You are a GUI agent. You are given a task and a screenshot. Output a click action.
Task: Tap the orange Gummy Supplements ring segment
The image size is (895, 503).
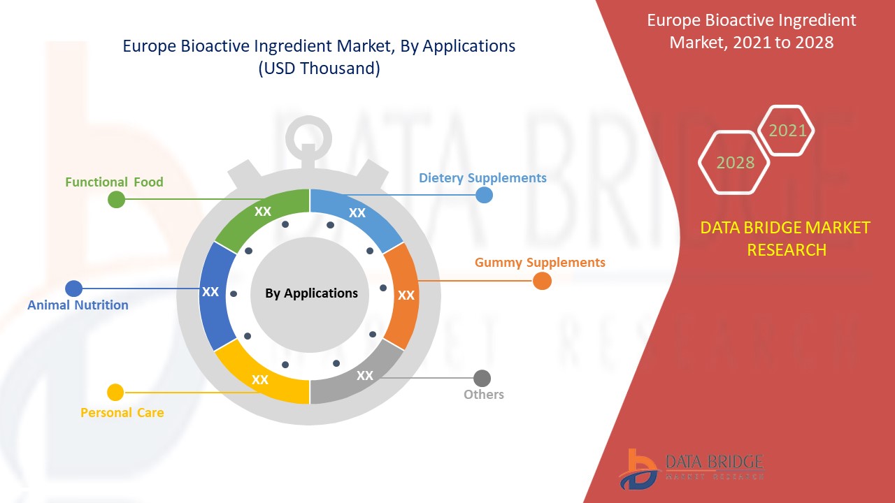(x=403, y=295)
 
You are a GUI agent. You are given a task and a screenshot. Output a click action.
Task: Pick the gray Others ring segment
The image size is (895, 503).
(x=360, y=377)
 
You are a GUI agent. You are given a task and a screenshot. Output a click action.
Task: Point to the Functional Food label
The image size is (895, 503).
(x=114, y=182)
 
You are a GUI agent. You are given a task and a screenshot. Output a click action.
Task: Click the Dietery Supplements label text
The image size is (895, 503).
(x=482, y=177)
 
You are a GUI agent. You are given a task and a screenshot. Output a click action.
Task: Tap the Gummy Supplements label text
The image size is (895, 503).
(x=540, y=263)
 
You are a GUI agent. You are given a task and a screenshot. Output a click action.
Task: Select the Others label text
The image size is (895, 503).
(x=484, y=395)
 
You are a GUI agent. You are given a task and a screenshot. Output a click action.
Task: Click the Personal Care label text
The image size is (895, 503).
(x=122, y=413)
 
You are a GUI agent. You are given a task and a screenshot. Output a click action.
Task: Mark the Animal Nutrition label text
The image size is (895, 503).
(x=78, y=305)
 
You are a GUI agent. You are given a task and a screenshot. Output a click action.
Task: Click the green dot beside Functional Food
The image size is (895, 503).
(x=116, y=199)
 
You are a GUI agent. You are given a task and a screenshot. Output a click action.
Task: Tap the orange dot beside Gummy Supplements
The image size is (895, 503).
(x=542, y=281)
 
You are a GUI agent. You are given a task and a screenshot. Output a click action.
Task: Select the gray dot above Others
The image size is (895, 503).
(x=482, y=378)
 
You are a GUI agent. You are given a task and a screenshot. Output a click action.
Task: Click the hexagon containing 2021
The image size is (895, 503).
(x=787, y=131)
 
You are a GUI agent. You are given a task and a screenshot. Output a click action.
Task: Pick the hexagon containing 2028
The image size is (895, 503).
(x=735, y=163)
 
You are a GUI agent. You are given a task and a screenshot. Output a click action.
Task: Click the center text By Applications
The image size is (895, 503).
(x=311, y=293)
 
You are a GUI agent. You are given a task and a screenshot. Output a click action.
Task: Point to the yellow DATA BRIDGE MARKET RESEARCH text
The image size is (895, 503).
(x=785, y=238)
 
